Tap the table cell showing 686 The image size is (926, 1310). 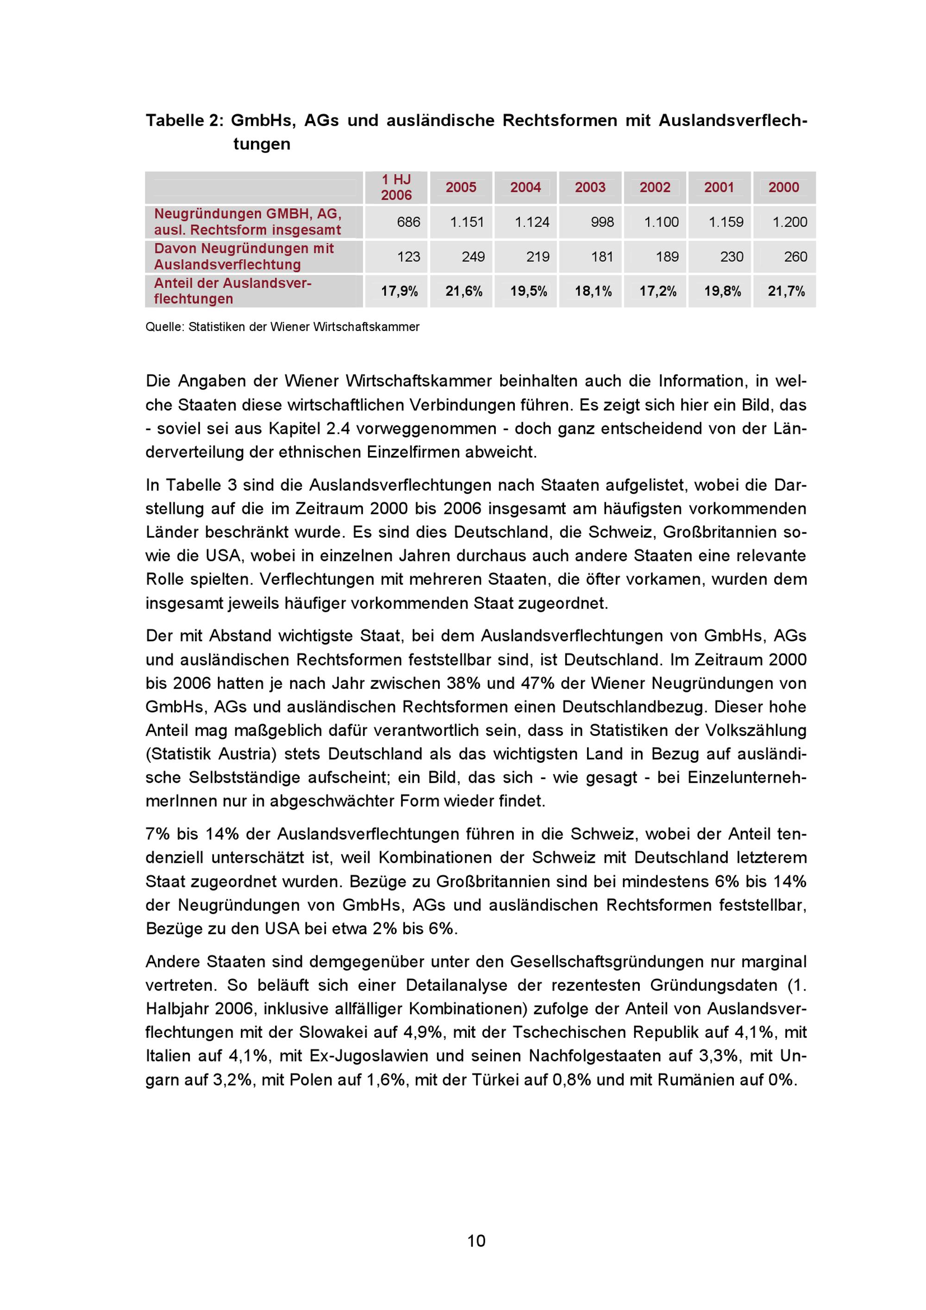coord(408,222)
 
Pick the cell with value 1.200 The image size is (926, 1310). coord(789,222)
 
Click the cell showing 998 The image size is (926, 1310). coord(602,222)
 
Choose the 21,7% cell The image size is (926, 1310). coord(786,292)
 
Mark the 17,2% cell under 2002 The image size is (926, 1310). coord(657,292)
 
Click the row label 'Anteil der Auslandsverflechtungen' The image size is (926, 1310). coord(232,291)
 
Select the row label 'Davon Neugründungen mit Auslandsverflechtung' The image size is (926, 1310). coord(244,257)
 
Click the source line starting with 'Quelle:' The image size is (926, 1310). coord(282,327)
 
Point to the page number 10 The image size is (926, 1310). coord(476,1241)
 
